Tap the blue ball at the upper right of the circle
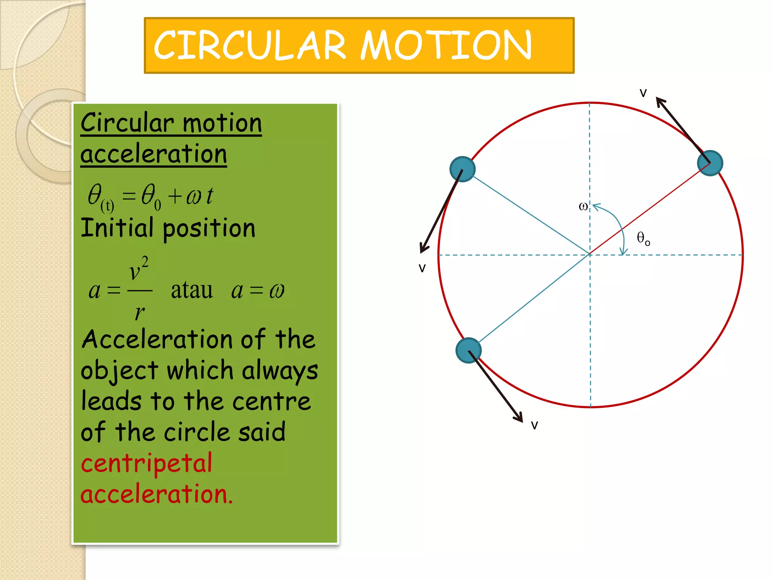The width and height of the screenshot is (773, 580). [710, 163]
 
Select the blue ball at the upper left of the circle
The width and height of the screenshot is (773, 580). [462, 169]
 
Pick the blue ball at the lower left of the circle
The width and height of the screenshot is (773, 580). [468, 350]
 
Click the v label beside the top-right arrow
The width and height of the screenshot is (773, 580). [643, 93]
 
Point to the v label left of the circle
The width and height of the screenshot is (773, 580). [422, 268]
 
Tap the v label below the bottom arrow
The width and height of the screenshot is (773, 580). [534, 425]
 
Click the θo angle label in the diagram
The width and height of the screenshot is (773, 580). [643, 238]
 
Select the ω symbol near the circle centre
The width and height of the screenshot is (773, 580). [583, 207]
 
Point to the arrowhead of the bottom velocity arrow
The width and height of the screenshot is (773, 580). [519, 417]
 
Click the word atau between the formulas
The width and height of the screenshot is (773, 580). [192, 290]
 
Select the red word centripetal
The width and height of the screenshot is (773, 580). [146, 464]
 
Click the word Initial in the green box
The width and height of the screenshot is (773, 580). [117, 228]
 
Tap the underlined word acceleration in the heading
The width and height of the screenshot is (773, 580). [154, 154]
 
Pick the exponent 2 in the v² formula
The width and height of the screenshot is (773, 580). [145, 262]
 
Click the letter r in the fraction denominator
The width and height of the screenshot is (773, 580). [140, 313]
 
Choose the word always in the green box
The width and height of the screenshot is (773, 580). [280, 371]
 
